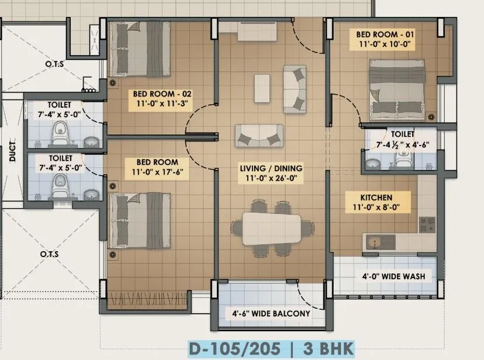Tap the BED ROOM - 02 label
pyautogui.click(x=163, y=94)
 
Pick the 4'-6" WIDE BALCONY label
pyautogui.click(x=268, y=314)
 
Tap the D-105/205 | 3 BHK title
pyautogui.click(x=270, y=348)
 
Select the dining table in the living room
pyautogui.click(x=272, y=227)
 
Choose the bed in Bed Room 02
pyautogui.click(x=140, y=49)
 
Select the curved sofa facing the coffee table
pyautogui.click(x=294, y=89)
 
